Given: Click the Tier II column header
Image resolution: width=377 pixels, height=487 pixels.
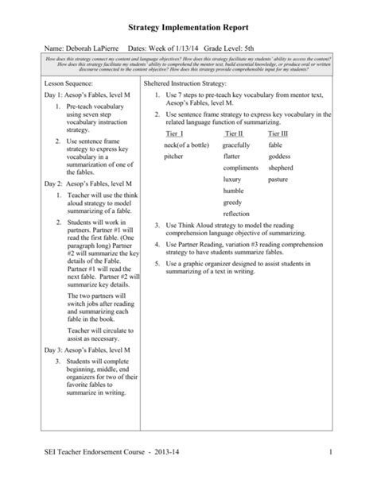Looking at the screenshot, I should pos(235,133).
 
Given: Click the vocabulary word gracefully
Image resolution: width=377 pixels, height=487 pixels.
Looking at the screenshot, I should pos(237,145).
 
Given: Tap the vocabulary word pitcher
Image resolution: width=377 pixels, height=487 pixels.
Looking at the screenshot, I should pos(173,157).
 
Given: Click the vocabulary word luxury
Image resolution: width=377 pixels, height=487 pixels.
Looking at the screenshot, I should pos(233,180).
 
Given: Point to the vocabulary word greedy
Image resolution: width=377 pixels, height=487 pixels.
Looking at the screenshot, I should pos(233,203).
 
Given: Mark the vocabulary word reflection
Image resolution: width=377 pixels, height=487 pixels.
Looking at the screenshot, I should pos(235,215).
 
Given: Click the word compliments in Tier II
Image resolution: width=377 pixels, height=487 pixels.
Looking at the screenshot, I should pos(241,168).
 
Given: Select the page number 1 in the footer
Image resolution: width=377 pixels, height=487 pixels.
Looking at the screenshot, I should pos(349,452).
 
